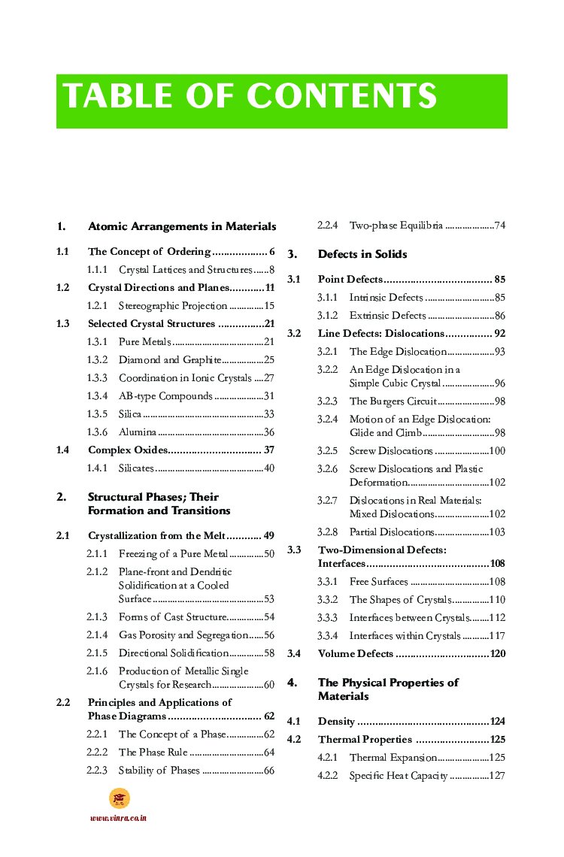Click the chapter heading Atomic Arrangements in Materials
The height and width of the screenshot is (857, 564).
point(181,226)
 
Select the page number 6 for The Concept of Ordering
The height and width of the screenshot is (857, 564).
point(271,252)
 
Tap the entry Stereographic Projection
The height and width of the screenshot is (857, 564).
point(172,306)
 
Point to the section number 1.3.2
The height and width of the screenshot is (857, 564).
point(97,360)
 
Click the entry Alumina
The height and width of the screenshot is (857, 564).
point(138,432)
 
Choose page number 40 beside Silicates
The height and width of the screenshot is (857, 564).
point(268,468)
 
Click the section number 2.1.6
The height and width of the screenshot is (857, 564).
point(97,671)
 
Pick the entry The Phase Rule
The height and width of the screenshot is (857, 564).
point(153,753)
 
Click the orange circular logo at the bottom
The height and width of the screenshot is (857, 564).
point(119,798)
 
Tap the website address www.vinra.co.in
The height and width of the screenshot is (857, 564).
point(118,818)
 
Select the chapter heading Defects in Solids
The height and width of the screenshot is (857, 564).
point(362,254)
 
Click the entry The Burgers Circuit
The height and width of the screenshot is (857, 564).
point(393,401)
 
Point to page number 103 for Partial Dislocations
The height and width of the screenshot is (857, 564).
point(496,532)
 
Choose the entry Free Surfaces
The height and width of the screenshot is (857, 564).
point(378,582)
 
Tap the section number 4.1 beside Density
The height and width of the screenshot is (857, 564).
point(294,722)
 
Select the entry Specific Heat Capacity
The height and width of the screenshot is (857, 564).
point(398,776)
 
